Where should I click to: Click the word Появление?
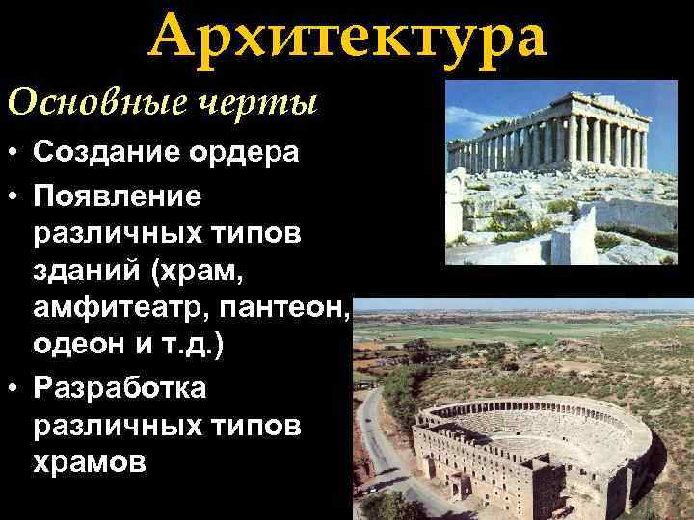pos(118,195)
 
